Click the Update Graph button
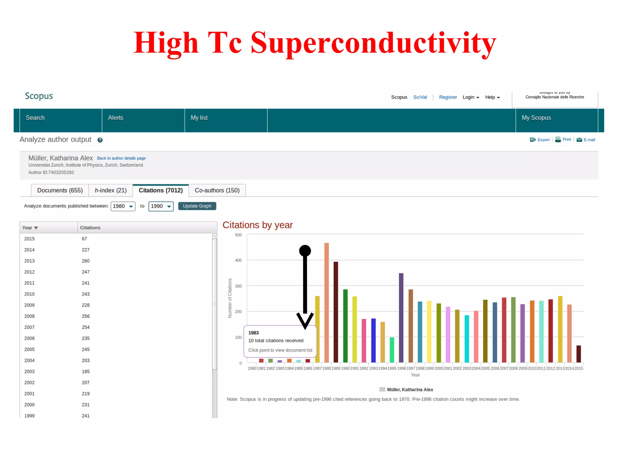[197, 206]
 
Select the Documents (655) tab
[60, 191]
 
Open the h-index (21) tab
[110, 191]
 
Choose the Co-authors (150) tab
[217, 191]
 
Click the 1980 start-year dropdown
[123, 206]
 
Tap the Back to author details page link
[121, 158]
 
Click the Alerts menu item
[116, 118]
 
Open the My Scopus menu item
[536, 118]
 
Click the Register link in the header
[448, 97]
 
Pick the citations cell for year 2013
[86, 261]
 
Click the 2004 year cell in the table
[30, 360]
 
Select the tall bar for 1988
[326, 302]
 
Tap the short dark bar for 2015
[578, 354]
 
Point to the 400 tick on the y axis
[238, 260]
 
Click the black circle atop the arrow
[305, 251]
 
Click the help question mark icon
[100, 140]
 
